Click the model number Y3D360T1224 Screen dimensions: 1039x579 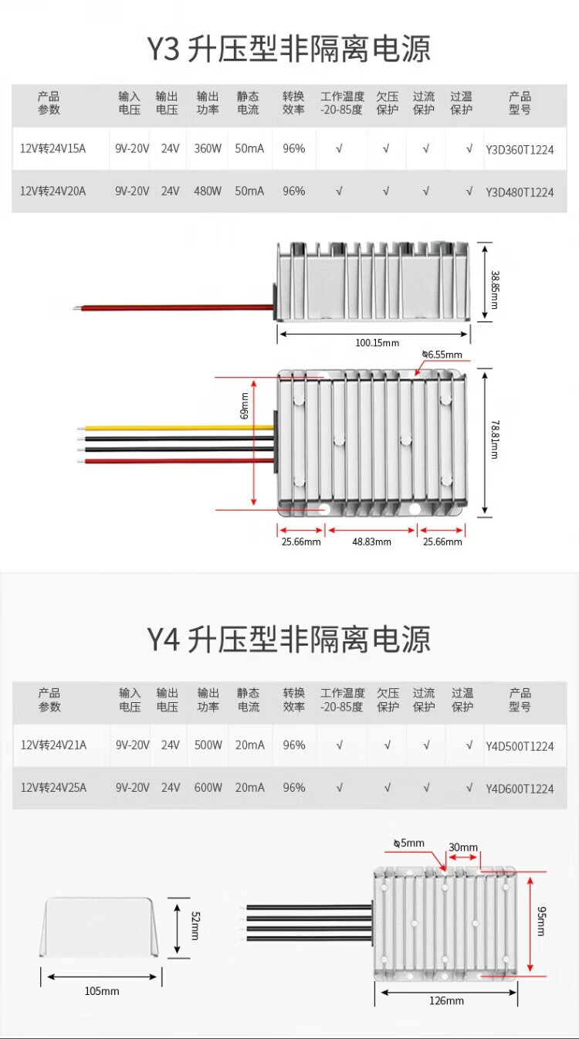coord(520,150)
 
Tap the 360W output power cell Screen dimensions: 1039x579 coord(208,148)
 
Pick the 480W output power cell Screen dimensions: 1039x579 coord(208,191)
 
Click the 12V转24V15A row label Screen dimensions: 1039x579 coord(52,148)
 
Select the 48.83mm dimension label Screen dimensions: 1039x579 coord(371,542)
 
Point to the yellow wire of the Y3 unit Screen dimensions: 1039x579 coord(178,427)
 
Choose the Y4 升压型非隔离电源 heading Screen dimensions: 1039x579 coord(289,640)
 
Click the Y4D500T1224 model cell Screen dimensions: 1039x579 coord(520,746)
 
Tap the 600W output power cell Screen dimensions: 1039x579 coord(208,788)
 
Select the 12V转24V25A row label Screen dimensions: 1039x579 coord(53,788)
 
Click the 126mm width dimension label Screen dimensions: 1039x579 coord(446,1000)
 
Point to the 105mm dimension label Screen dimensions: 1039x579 coord(102,990)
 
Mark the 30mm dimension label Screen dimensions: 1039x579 coord(463,847)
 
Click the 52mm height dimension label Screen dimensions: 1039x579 coord(194,925)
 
